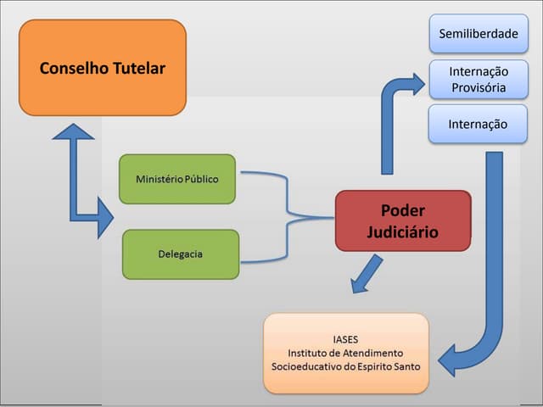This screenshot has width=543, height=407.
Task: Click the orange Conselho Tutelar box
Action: pos(102,68)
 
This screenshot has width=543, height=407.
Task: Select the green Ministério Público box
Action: pos(176,179)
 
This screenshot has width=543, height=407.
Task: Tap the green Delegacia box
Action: pos(181,254)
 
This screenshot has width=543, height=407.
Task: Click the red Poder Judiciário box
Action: pos(402,220)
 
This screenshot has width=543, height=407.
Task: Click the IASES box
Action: pos(345,353)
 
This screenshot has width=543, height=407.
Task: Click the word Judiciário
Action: pos(402,231)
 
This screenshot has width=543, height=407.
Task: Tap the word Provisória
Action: pos(478,87)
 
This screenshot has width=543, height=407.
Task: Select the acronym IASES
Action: pos(345,337)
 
